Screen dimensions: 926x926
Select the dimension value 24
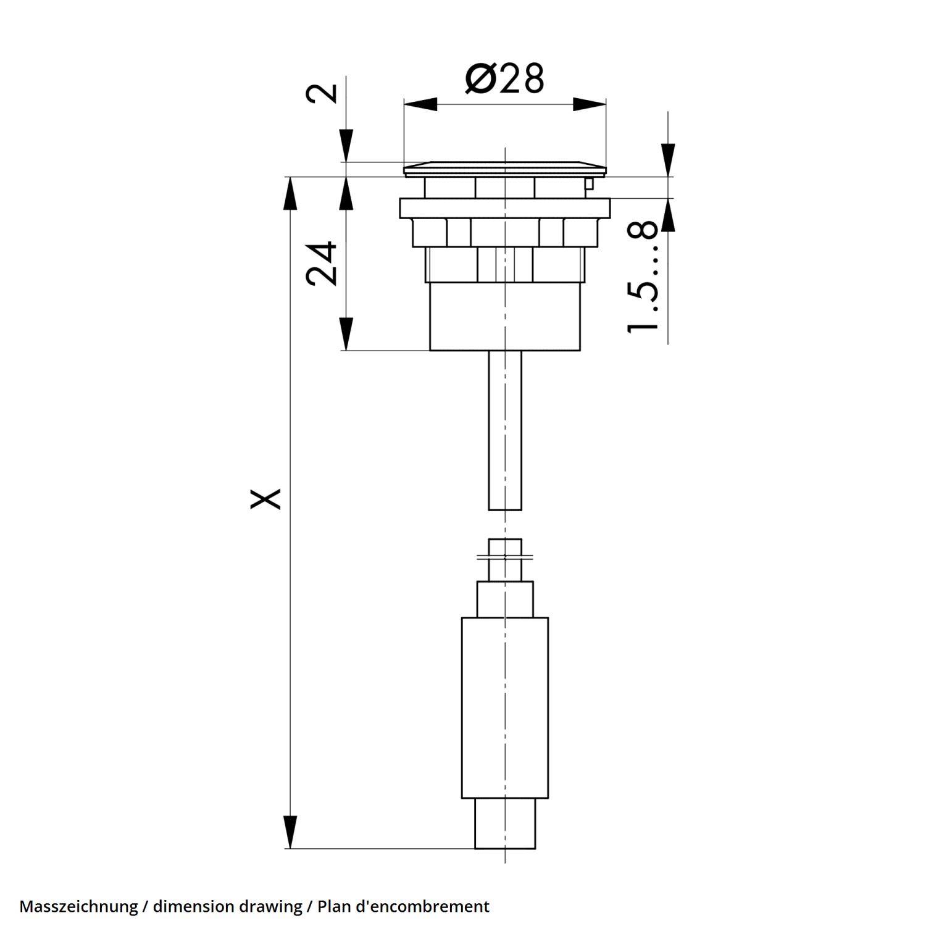click(x=323, y=264)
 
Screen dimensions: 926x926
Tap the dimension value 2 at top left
click(x=323, y=93)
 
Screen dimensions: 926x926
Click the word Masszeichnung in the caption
click(x=78, y=906)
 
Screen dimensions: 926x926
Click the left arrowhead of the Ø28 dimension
click(x=420, y=104)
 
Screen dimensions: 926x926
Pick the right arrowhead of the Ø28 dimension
click(x=589, y=104)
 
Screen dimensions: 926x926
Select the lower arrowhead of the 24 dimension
click(x=346, y=334)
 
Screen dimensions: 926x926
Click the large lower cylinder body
click(x=505, y=707)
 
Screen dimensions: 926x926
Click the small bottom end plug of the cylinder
click(x=505, y=824)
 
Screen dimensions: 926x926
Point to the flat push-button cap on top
click(x=505, y=167)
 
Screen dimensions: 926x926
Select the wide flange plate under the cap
click(x=505, y=208)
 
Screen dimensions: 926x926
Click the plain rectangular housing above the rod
click(x=505, y=317)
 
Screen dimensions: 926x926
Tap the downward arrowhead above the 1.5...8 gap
click(x=667, y=161)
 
